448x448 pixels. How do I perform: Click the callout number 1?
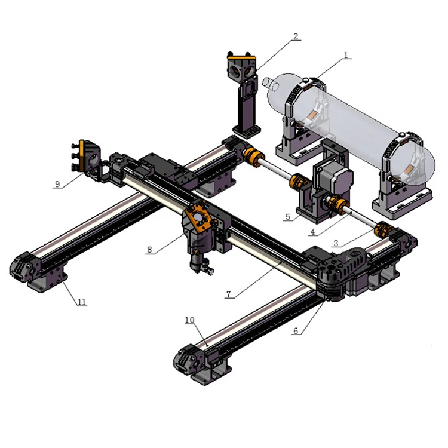(346, 55)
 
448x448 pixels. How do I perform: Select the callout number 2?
(296, 36)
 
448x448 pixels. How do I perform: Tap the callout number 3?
(336, 243)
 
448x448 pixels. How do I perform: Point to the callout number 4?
(313, 232)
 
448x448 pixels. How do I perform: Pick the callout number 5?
(288, 217)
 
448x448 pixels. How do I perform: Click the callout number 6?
(296, 330)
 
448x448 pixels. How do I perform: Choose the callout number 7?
(228, 294)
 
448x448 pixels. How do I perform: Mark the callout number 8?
(149, 250)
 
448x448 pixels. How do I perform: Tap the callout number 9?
(57, 184)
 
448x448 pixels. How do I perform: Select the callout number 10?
(190, 320)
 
